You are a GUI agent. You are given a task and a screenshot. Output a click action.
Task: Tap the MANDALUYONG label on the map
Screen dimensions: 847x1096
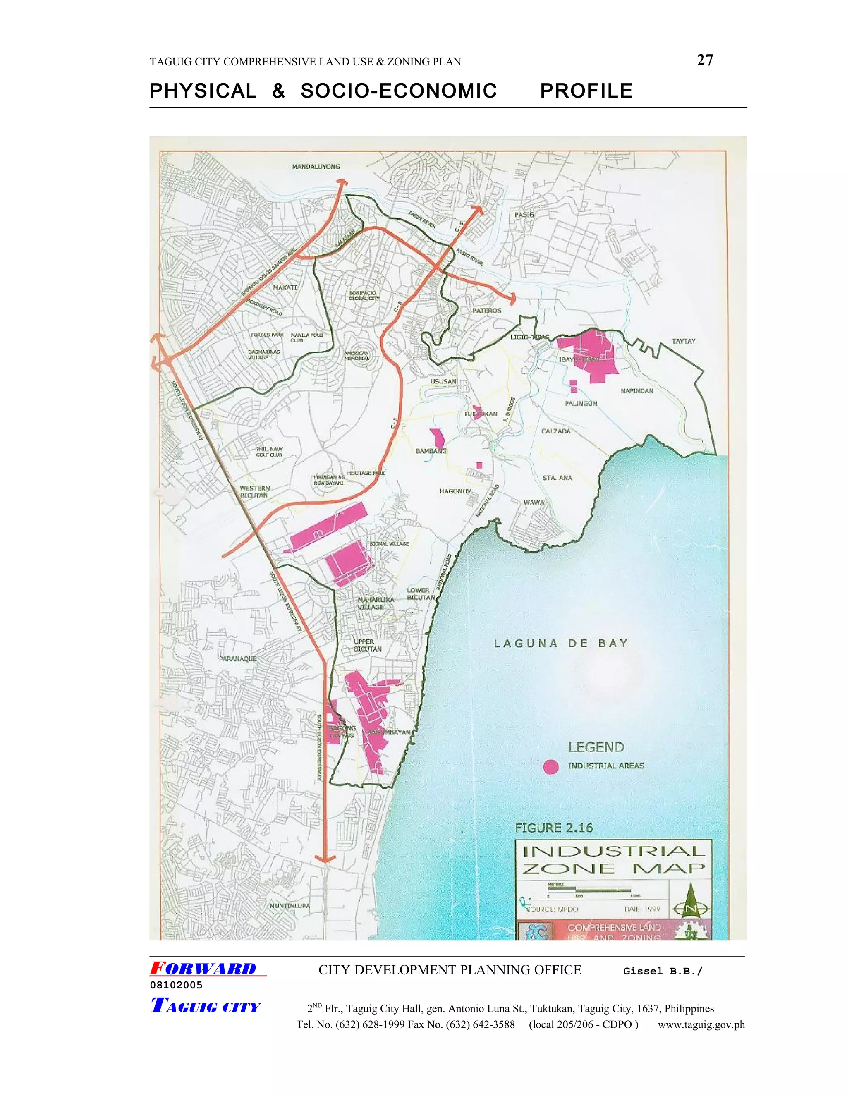coord(316,167)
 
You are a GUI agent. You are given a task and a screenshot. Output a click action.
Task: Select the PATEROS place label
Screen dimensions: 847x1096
coord(487,311)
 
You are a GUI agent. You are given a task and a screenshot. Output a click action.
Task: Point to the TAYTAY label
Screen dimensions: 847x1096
coord(683,341)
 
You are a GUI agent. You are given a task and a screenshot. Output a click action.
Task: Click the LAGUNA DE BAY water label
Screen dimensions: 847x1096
coord(561,644)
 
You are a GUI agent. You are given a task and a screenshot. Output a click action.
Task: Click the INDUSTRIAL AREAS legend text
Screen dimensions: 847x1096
coord(605,766)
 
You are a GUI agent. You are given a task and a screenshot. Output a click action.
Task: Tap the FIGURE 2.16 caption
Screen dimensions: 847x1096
coord(554,828)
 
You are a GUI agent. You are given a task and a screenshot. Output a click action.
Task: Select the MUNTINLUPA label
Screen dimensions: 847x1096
coord(290,906)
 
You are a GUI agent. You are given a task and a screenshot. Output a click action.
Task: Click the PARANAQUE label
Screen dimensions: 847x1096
coord(237,658)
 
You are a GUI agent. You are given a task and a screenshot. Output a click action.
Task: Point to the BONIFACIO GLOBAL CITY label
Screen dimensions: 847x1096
coord(364,295)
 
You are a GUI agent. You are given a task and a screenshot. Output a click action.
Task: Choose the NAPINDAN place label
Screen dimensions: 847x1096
coord(637,391)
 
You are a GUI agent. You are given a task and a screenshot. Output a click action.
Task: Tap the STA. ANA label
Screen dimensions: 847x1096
coord(557,478)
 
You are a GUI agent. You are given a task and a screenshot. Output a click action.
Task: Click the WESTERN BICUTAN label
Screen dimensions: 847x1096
coord(254,492)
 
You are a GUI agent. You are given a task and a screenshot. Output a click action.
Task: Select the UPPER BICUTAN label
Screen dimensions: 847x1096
coord(367,645)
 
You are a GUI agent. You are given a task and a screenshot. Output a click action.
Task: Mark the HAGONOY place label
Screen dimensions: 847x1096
coord(455,491)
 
